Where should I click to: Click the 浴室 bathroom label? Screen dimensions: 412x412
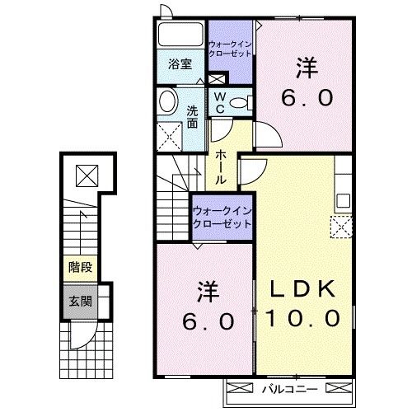tap(180, 63)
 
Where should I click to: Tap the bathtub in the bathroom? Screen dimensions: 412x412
tap(180, 37)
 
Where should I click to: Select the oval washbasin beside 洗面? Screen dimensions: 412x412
tap(167, 103)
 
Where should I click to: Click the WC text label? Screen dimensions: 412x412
tap(220, 102)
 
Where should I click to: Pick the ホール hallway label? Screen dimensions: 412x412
tap(222, 167)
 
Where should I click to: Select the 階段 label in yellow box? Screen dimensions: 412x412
tap(79, 267)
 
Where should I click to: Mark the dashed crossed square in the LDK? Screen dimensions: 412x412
tap(340, 226)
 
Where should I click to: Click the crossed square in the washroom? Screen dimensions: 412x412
tap(170, 134)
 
